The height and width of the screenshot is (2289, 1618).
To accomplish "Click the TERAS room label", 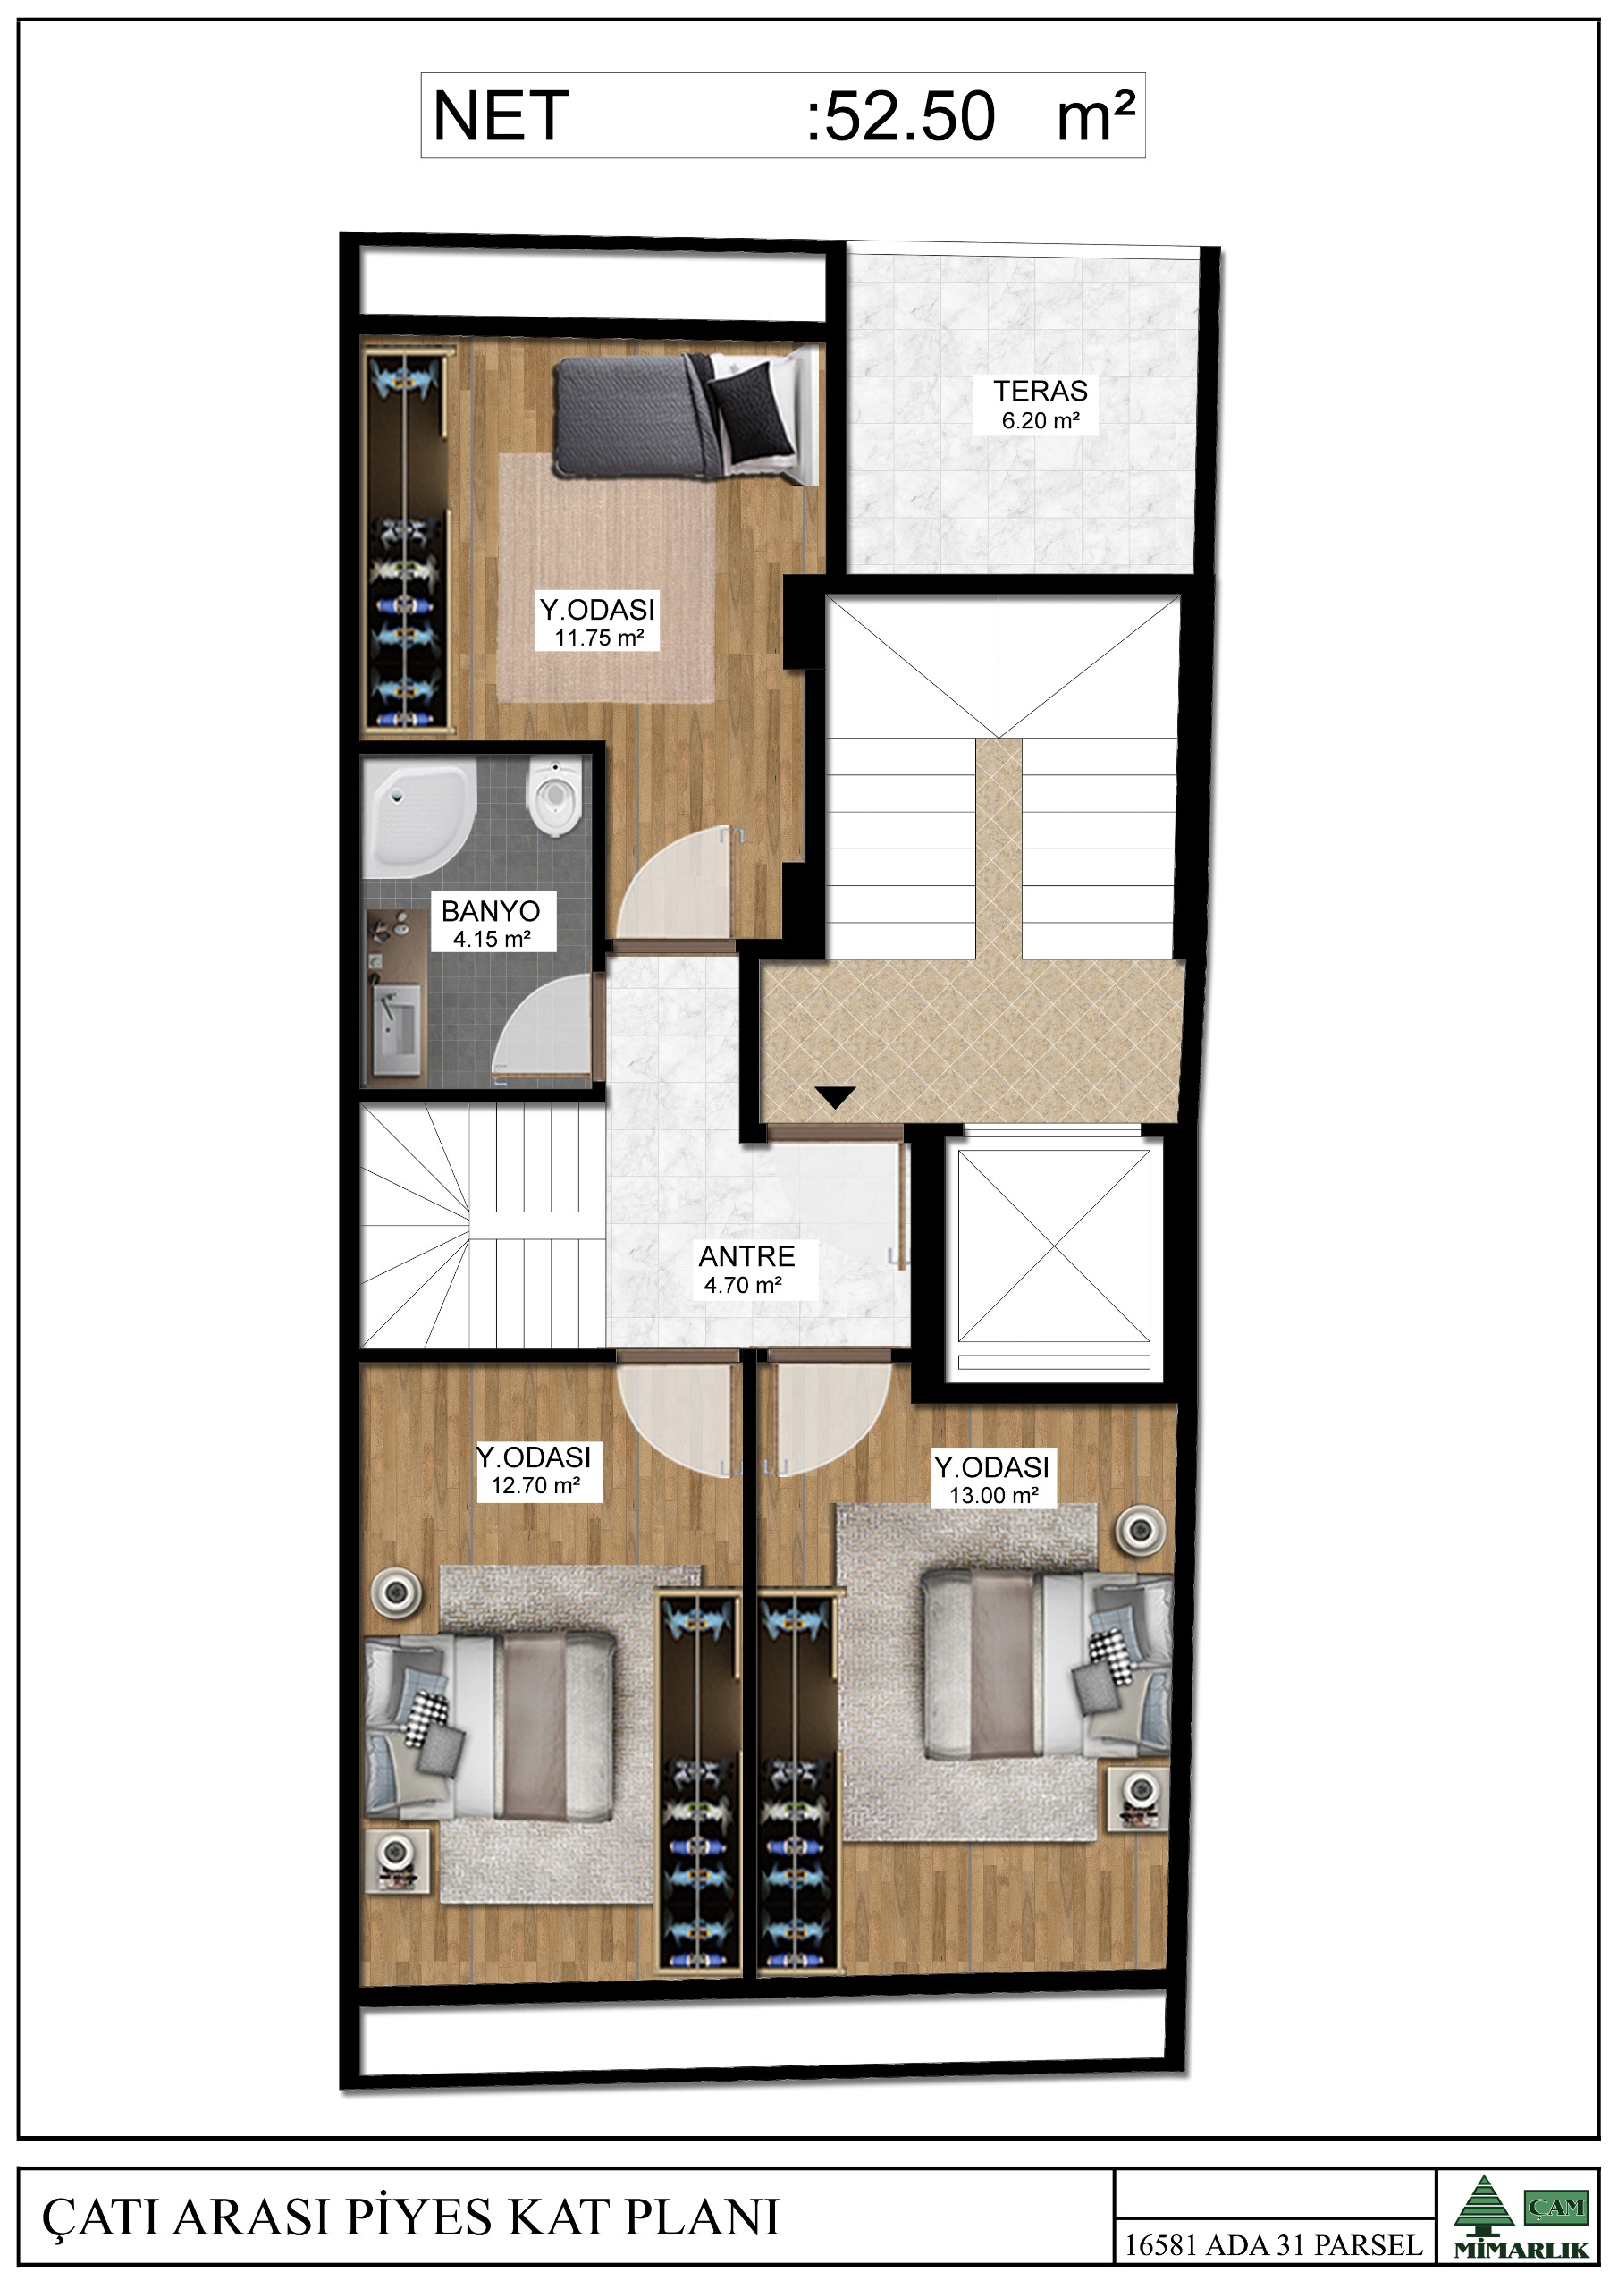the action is pos(1040,391).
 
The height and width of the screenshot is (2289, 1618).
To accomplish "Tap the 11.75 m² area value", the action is pos(599,638).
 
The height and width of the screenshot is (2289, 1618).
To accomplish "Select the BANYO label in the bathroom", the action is pos(491,910).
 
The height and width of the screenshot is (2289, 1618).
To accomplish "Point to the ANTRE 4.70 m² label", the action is pos(746,1269).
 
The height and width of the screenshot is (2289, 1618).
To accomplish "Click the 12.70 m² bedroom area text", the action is pos(535,1485).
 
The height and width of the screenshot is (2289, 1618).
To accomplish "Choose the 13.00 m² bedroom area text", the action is pos(994,1495).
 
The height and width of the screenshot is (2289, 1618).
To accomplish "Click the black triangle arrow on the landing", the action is pos(836,1096).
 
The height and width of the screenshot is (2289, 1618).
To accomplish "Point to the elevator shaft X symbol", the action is pos(1054,1246).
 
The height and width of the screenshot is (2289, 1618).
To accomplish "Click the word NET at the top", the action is pos(501,115).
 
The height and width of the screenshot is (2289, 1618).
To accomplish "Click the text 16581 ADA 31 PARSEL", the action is pos(1273,2245).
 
